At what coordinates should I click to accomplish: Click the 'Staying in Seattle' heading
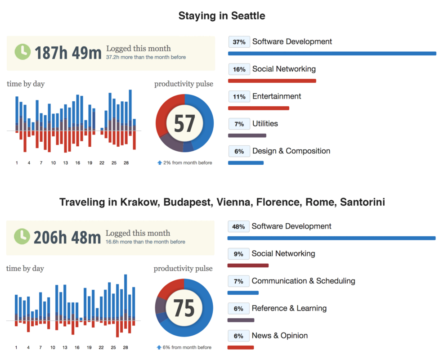pyautogui.click(x=222, y=16)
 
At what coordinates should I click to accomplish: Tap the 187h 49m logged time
pyautogui.click(x=68, y=53)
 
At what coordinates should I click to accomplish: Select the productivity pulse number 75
pyautogui.click(x=184, y=308)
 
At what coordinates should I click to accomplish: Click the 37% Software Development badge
pyautogui.click(x=239, y=42)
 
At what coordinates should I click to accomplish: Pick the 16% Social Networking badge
pyautogui.click(x=239, y=69)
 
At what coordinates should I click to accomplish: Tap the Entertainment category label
pyautogui.click(x=277, y=96)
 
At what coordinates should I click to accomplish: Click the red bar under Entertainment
pyautogui.click(x=259, y=108)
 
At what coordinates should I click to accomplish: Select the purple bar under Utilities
pyautogui.click(x=247, y=135)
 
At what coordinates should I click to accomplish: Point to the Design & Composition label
pyautogui.click(x=291, y=151)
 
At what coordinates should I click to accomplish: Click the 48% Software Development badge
pyautogui.click(x=238, y=227)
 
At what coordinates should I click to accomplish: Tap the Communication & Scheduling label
pyautogui.click(x=303, y=281)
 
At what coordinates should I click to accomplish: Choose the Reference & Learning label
pyautogui.click(x=289, y=309)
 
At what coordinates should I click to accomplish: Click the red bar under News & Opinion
pyautogui.click(x=241, y=347)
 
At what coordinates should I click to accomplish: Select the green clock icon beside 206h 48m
pyautogui.click(x=22, y=236)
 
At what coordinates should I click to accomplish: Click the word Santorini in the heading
pyautogui.click(x=363, y=202)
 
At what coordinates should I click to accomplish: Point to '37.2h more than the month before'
pyautogui.click(x=146, y=58)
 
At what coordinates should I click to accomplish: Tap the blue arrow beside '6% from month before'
pyautogui.click(x=159, y=347)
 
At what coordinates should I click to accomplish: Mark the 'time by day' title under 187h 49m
pyautogui.click(x=26, y=84)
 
